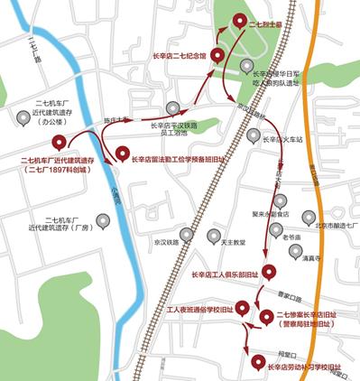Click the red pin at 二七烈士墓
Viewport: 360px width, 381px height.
(239, 21)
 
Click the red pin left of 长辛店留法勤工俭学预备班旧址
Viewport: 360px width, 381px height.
(123, 155)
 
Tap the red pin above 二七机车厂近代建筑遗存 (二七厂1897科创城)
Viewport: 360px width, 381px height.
(60, 142)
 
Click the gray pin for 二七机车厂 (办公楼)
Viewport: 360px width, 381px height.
(23, 117)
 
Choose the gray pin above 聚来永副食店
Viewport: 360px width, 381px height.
(282, 200)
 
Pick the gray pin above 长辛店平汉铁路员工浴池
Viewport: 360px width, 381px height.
(172, 109)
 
